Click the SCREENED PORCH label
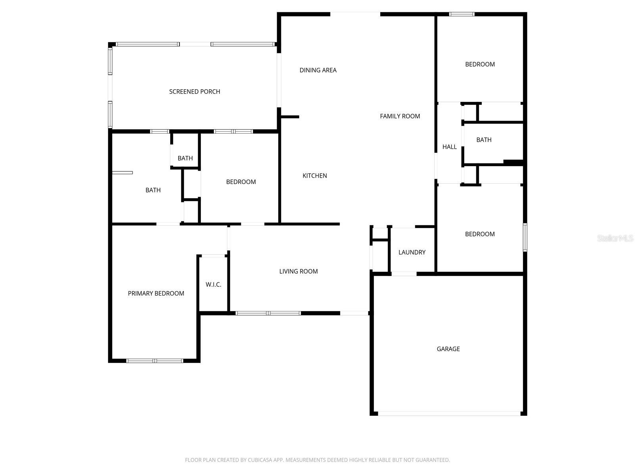pos(194,92)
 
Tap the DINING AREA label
pos(318,70)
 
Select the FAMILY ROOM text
pos(400,116)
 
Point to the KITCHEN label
pos(315,176)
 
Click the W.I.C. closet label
pos(214,285)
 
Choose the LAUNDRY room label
pos(412,252)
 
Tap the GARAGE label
pos(448,349)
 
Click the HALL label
pos(449,147)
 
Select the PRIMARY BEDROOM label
pos(156,294)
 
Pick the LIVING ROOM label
pos(298,271)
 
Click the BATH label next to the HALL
pos(484,140)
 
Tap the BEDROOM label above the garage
pos(480,234)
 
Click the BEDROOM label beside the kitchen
pos(241,182)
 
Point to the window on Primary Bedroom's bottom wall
pos(155,361)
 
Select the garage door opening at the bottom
pos(448,413)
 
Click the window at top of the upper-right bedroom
pos(462,14)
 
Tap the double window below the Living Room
pos(268,313)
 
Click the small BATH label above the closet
pos(185,158)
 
